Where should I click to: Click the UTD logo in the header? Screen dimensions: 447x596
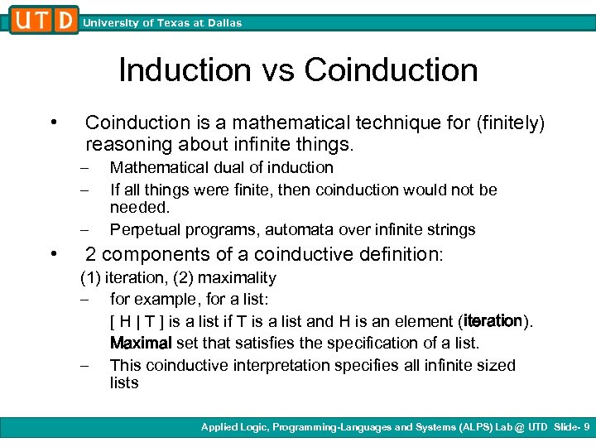click(x=45, y=20)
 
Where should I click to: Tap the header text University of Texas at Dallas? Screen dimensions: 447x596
click(x=162, y=23)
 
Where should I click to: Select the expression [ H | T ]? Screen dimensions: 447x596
click(x=137, y=321)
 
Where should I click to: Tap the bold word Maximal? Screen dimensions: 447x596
click(x=141, y=343)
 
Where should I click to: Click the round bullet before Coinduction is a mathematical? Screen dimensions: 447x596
click(x=53, y=123)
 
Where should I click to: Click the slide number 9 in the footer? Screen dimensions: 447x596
click(x=587, y=427)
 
